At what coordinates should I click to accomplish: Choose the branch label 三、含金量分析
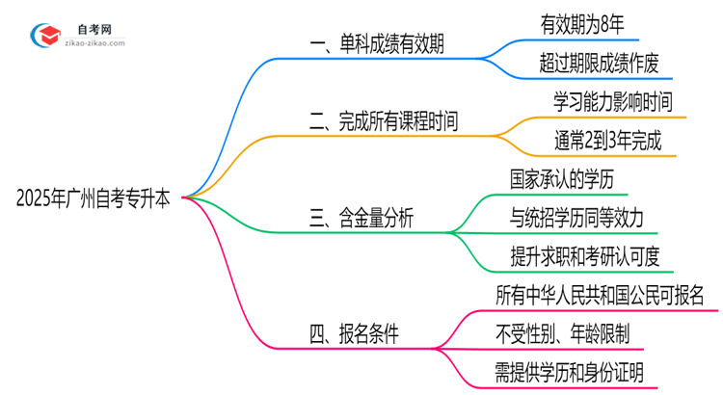point(361,220)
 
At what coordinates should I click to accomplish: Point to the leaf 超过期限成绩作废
point(599,64)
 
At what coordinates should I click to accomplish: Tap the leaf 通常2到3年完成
point(606,141)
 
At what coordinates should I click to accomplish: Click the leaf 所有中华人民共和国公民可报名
point(599,295)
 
